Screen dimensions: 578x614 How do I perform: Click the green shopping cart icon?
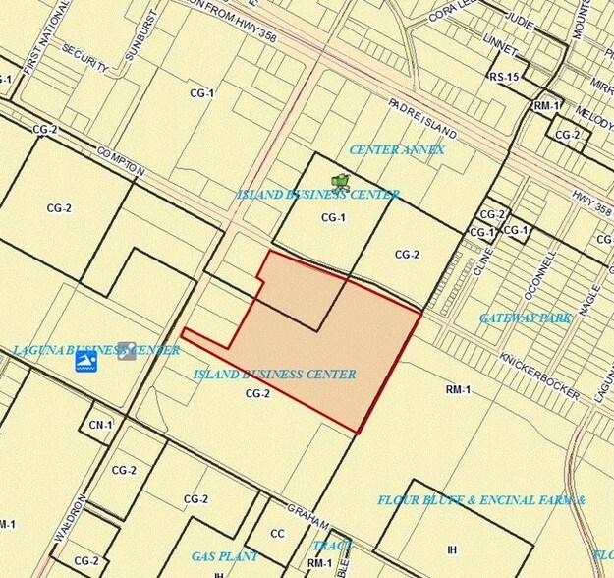pyautogui.click(x=341, y=180)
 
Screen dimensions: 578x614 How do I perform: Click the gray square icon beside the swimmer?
pyautogui.click(x=126, y=351)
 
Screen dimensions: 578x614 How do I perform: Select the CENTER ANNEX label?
pyautogui.click(x=397, y=149)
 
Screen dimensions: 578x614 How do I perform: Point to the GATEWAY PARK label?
pyautogui.click(x=526, y=318)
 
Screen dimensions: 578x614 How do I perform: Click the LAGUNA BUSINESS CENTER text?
pyautogui.click(x=96, y=350)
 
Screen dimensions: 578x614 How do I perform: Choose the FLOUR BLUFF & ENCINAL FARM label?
pyautogui.click(x=481, y=499)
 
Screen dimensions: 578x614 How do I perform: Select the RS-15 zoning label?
pyautogui.click(x=505, y=75)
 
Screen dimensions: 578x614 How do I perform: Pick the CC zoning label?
pyautogui.click(x=277, y=534)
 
